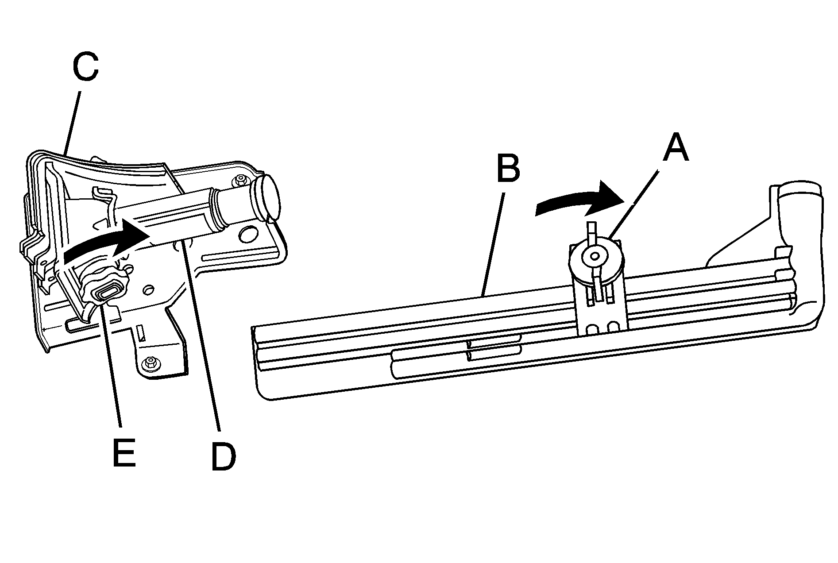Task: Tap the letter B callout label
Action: click(508, 168)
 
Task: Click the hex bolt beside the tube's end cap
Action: click(240, 180)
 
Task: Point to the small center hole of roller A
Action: click(593, 256)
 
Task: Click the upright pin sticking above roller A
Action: click(591, 230)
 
